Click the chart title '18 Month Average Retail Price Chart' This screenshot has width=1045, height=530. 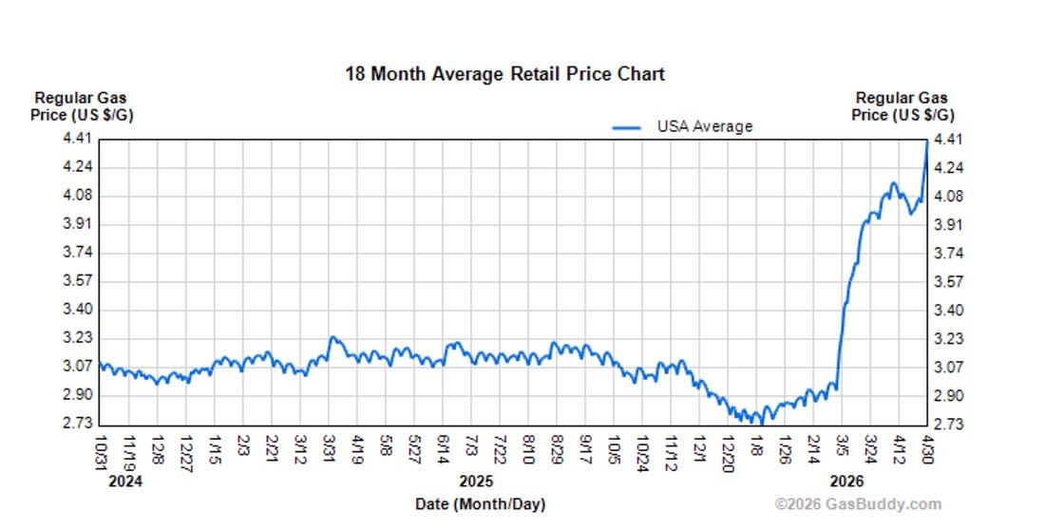[504, 73]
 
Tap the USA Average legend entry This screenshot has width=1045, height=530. [682, 126]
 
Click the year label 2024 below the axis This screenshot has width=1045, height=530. [125, 482]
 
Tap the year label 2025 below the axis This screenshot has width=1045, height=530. [477, 482]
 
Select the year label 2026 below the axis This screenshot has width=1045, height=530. [846, 482]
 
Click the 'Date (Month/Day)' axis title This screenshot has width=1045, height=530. [481, 504]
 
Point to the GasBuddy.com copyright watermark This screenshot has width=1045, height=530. [859, 504]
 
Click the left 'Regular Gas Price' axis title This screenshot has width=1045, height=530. [82, 106]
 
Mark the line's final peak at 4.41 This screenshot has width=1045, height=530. [927, 141]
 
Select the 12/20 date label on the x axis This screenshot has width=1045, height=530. [728, 453]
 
